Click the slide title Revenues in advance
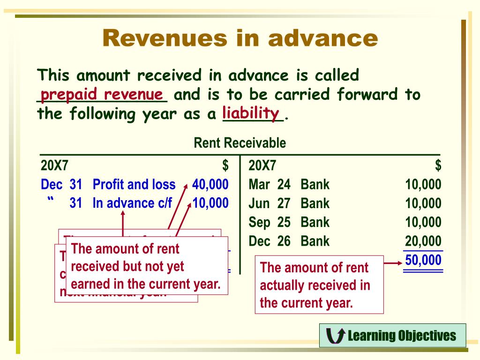click(240, 38)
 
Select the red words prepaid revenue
click(102, 95)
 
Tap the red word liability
click(251, 113)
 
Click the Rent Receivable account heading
click(240, 143)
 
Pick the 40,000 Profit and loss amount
click(210, 184)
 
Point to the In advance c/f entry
click(133, 203)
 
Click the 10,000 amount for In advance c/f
click(210, 203)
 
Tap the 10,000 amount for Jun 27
click(423, 203)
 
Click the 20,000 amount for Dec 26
click(423, 241)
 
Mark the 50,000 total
click(423, 260)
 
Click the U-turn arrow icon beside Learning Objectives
click(335, 336)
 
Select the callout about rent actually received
click(319, 285)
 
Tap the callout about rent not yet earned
click(146, 266)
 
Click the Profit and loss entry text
click(134, 184)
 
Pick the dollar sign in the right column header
click(438, 165)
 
